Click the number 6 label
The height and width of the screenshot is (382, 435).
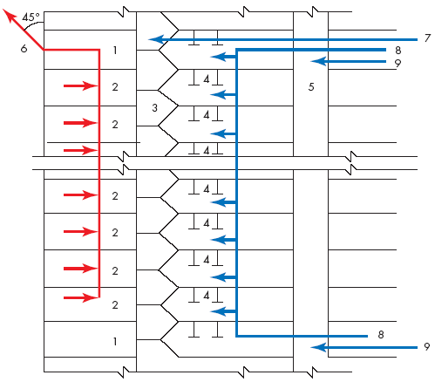(x=24, y=49)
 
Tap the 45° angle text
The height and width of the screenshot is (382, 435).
(x=31, y=17)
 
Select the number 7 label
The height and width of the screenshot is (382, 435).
(x=427, y=38)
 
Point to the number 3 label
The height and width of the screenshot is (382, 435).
(x=154, y=108)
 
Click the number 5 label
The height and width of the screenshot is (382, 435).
(x=311, y=86)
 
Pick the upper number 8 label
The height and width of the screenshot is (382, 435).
(x=398, y=51)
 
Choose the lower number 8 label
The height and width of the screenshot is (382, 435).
(x=381, y=335)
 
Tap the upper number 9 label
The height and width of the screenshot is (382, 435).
(x=398, y=63)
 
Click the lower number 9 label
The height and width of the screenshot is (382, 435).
(x=426, y=346)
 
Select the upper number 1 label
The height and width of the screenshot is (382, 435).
(x=115, y=51)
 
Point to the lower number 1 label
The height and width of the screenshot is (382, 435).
(x=115, y=341)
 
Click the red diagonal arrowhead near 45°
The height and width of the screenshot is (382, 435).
(x=9, y=15)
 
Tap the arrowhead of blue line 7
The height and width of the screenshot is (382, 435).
(x=156, y=39)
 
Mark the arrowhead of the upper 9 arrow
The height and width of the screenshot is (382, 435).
(x=318, y=61)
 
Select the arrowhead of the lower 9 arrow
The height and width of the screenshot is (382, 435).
(x=318, y=347)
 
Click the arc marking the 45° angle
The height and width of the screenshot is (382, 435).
(x=31, y=24)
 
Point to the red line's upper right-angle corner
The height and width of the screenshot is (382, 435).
(x=99, y=50)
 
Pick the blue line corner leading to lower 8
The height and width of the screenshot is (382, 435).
(x=237, y=336)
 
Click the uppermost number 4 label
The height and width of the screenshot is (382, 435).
(x=207, y=79)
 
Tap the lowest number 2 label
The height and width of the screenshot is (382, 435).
(x=115, y=305)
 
